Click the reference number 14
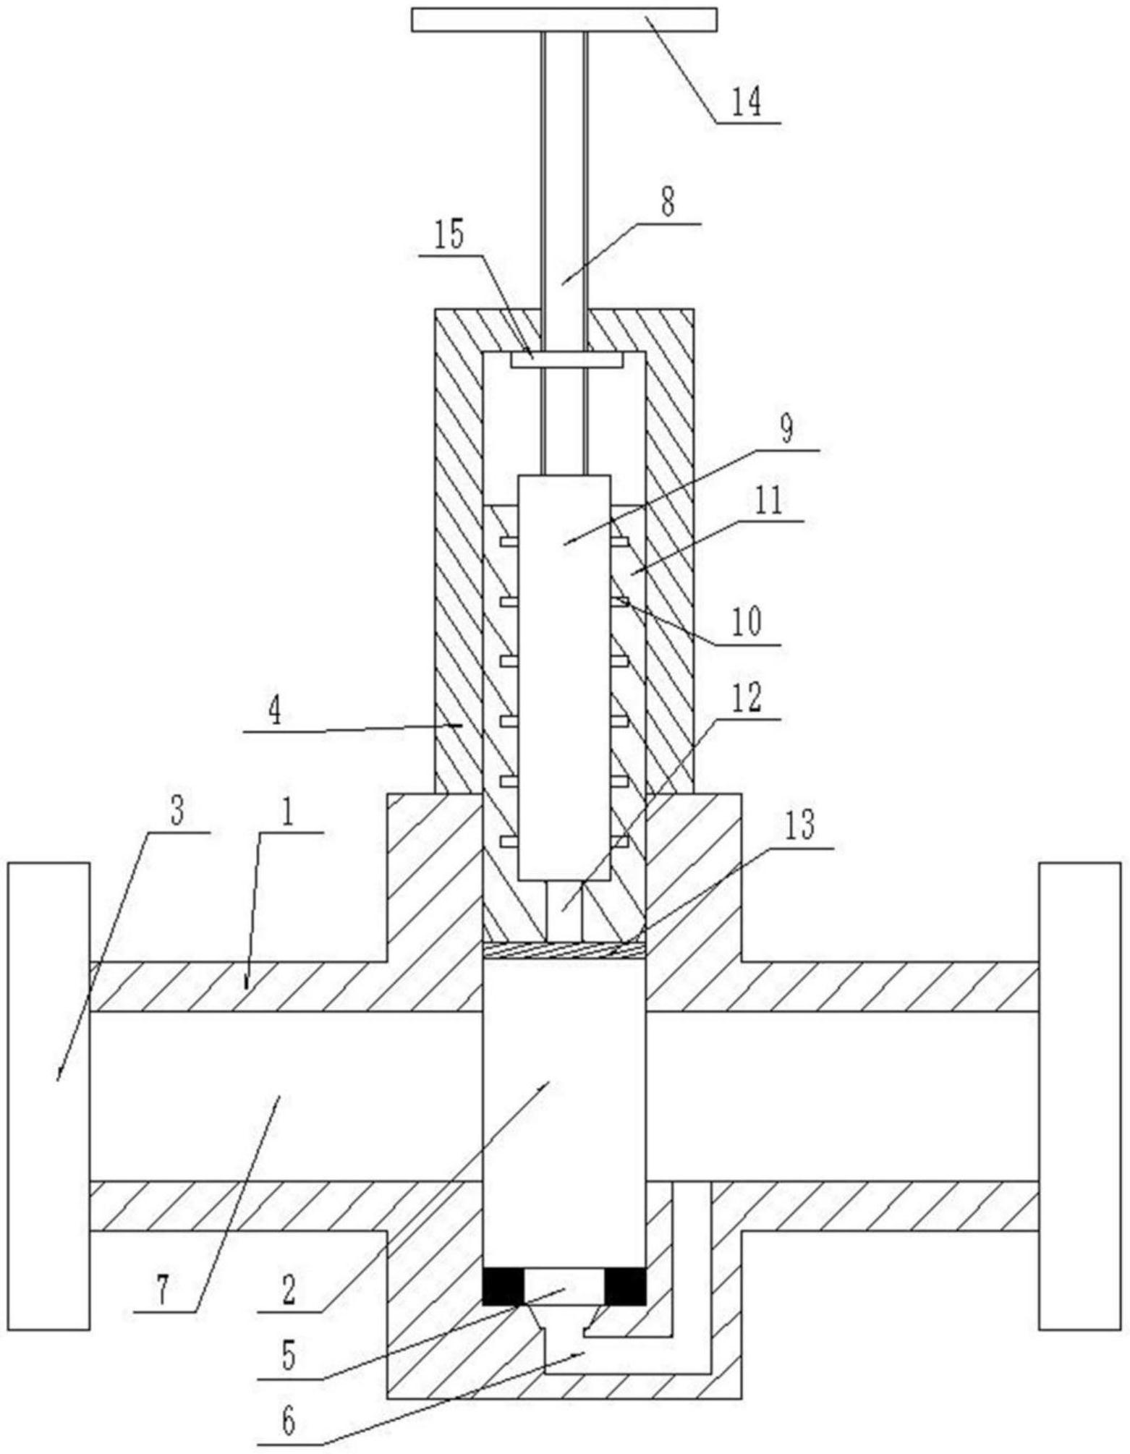[746, 101]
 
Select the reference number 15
[449, 236]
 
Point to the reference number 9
[786, 429]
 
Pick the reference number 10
[746, 621]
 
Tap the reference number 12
[746, 697]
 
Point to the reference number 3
[177, 812]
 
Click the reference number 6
[287, 1421]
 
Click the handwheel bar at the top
[564, 20]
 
